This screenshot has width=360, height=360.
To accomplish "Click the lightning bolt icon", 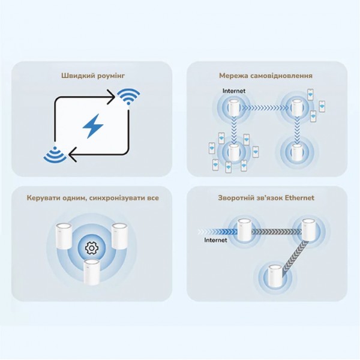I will coord(92,127).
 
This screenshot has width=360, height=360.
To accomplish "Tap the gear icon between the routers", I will coord(91,247).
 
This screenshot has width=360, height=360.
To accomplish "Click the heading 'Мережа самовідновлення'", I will coord(266,76).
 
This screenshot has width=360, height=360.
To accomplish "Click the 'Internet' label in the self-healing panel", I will coord(233,91).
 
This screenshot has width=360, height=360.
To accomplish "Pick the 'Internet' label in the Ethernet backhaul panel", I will coord(215,240).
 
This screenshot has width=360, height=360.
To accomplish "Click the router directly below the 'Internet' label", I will coord(233,109).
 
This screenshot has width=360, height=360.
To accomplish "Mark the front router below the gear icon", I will coord(91,269).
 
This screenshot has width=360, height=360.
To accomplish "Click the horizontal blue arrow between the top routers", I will coord(265,109).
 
